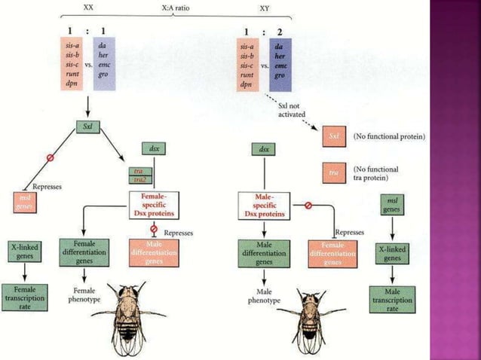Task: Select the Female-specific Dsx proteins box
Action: tap(157, 203)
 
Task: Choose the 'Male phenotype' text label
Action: tap(264, 295)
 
